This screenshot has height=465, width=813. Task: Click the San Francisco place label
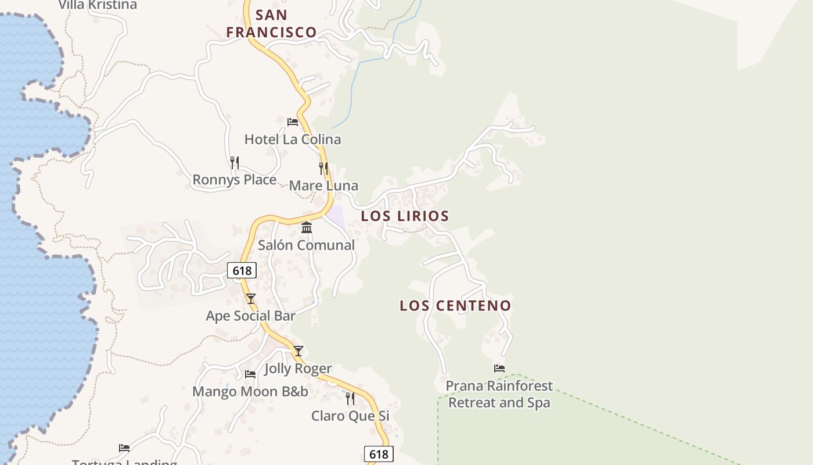coord(271,23)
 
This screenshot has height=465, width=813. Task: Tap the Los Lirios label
coord(405,216)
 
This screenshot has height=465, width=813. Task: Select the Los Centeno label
coord(455,306)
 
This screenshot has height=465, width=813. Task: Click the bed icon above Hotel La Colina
coord(293,122)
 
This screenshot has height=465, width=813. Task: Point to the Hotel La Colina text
coord(293,139)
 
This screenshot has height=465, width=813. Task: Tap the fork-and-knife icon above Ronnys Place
coord(235,163)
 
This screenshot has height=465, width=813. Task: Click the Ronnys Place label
coord(235,180)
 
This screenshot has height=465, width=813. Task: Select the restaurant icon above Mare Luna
coord(323,169)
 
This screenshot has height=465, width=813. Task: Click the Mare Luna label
coord(323,186)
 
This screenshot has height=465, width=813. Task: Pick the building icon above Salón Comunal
coord(307,227)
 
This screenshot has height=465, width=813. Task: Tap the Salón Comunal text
coord(306,245)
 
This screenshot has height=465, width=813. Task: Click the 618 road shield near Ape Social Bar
coord(242,270)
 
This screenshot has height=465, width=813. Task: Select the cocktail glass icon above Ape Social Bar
coord(251,299)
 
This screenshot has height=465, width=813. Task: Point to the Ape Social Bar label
coord(251,316)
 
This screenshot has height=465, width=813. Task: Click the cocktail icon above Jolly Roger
coord(298,351)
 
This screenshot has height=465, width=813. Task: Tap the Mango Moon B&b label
coord(250,392)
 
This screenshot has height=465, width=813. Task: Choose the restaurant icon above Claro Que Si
coord(350,398)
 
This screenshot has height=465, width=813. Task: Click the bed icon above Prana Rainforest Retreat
coord(499,369)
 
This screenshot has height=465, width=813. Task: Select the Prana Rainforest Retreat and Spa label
coord(499,394)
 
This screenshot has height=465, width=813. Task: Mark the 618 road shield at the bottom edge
coord(379,454)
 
